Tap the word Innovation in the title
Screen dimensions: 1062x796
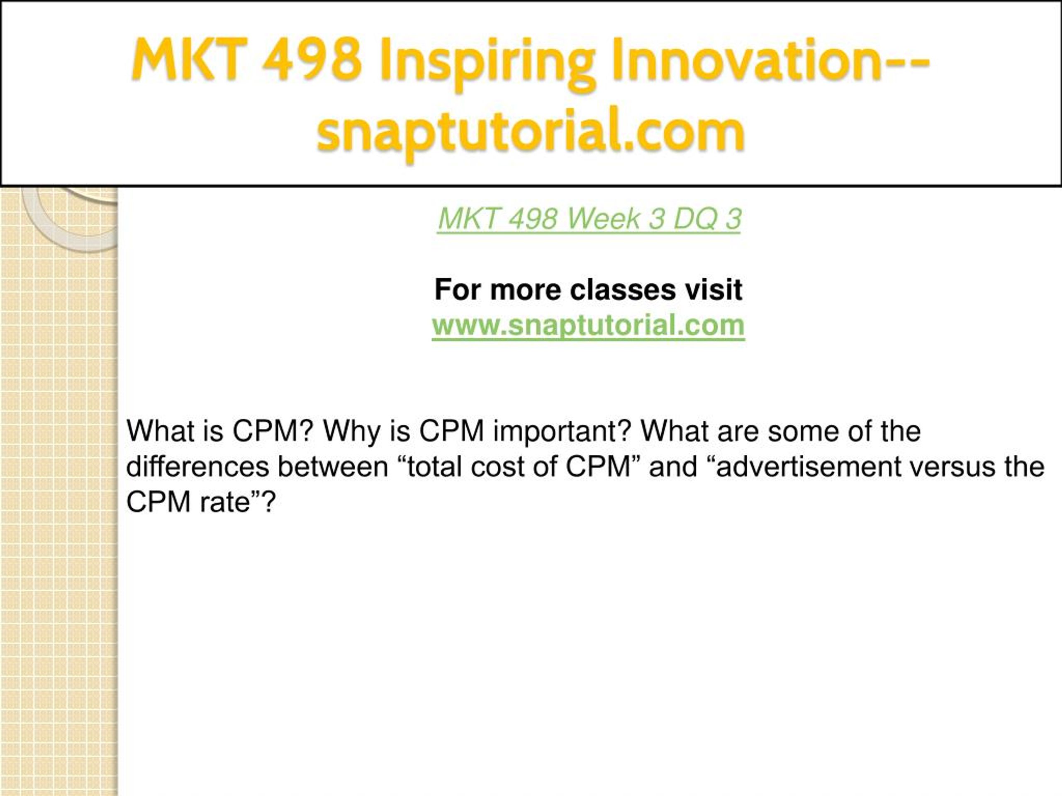[x=747, y=60]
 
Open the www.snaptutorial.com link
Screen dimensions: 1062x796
[x=588, y=325]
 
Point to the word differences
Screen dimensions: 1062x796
[x=197, y=467]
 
